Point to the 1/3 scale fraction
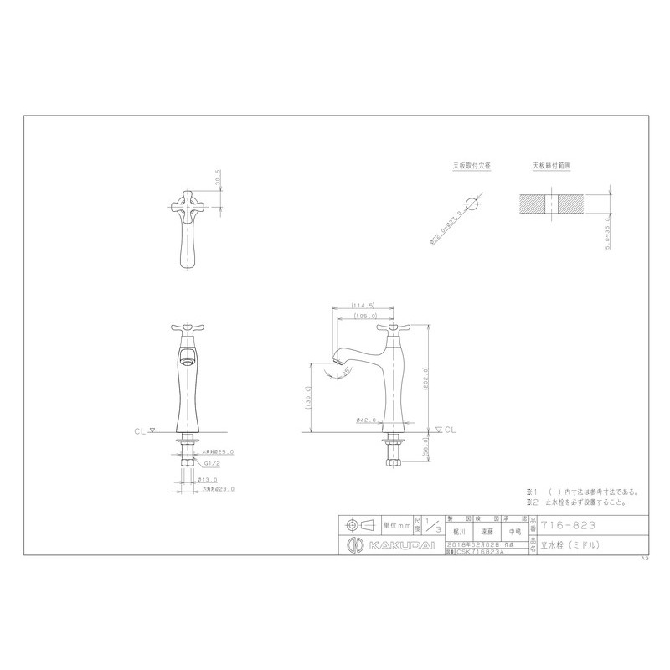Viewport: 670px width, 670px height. click(x=432, y=528)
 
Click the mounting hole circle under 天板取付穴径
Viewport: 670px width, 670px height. click(x=472, y=203)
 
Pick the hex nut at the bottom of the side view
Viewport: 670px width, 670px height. click(x=390, y=457)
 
